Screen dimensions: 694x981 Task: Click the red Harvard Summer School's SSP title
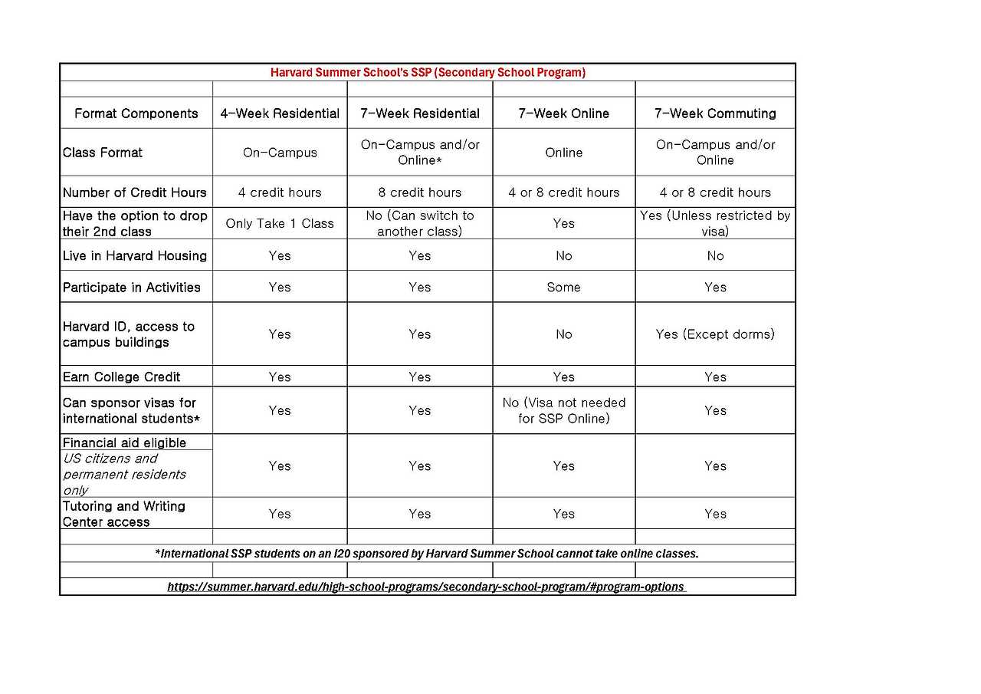click(428, 72)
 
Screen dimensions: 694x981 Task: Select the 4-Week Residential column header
click(280, 113)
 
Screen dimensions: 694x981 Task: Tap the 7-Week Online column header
click(563, 113)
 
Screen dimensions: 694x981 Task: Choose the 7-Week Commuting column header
click(715, 113)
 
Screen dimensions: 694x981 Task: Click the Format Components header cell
click(136, 113)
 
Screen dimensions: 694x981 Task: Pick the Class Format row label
click(103, 153)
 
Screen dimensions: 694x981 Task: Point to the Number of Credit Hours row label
click(135, 192)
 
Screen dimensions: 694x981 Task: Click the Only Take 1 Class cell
click(280, 223)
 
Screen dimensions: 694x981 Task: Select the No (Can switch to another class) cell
click(420, 223)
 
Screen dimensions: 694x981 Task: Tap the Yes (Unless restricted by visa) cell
click(715, 223)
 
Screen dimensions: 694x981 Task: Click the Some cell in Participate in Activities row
click(563, 287)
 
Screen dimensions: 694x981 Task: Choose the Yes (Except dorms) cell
click(715, 334)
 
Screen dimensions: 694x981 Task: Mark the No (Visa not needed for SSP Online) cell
click(563, 410)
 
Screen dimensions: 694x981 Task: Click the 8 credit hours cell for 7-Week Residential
click(420, 192)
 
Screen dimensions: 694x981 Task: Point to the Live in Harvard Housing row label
click(135, 255)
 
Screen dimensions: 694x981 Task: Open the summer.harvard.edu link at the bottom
click(426, 587)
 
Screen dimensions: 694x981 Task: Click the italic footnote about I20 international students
click(427, 553)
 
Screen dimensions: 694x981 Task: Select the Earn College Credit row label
click(122, 377)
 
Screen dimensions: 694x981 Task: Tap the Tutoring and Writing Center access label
click(124, 514)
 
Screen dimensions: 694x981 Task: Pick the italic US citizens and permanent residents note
click(124, 474)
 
